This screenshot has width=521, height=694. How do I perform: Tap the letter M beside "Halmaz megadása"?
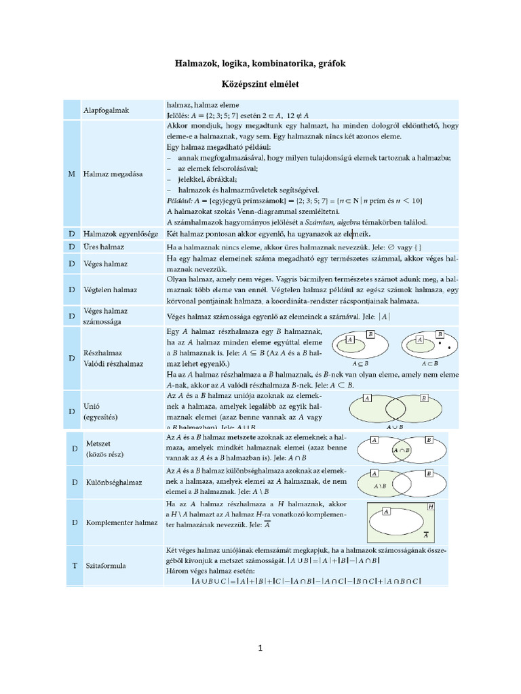[72, 173]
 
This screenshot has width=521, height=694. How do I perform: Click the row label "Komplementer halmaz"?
[121, 523]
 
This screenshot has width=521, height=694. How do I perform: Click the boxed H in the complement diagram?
[431, 506]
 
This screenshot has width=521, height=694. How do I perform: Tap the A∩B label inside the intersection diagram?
[401, 449]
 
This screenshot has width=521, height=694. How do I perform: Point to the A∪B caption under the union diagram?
[394, 428]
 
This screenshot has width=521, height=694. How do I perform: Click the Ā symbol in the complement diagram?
[425, 534]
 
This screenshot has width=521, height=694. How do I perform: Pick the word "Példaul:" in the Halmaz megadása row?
[179, 201]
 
